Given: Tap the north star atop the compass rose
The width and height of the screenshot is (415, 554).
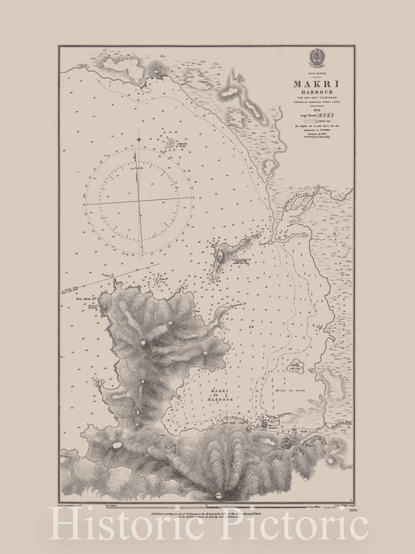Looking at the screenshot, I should click(139, 140).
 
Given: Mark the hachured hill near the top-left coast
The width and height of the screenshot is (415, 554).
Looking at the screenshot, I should click(160, 71).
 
